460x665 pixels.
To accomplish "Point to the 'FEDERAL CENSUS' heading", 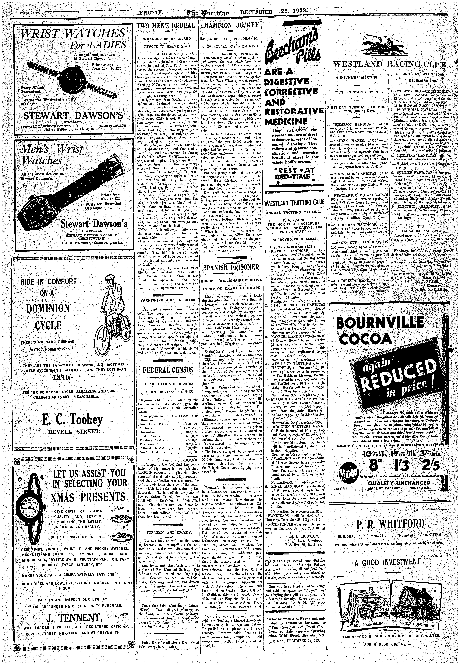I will pyautogui.click(x=167, y=369).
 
